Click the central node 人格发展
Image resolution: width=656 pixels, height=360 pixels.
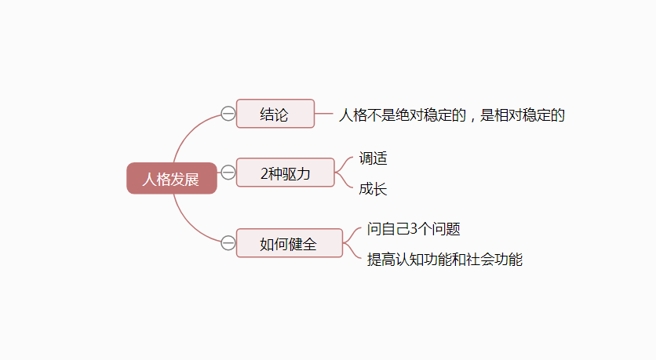coord(171,179)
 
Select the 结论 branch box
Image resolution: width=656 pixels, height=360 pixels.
coord(275,114)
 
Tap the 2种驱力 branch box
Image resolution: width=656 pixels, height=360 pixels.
coord(285,173)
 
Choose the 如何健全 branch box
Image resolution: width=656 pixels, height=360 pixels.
coord(289,243)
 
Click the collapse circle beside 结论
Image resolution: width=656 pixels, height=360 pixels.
coord(228,114)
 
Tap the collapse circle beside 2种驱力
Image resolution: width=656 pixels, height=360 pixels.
coord(228,173)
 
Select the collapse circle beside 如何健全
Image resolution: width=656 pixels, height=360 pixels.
coord(228,243)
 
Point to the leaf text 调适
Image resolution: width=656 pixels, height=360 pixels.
coord(374,158)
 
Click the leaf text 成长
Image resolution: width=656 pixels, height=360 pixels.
coord(374,189)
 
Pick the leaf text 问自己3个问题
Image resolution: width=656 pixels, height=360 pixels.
coord(414,230)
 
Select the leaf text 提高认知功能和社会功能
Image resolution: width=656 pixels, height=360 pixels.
coord(445,260)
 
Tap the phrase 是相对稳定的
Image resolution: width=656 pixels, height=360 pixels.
coord(523,115)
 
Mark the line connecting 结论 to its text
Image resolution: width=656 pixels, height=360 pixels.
coord(324,114)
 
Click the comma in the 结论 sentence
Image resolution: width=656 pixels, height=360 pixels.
coord(472,118)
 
